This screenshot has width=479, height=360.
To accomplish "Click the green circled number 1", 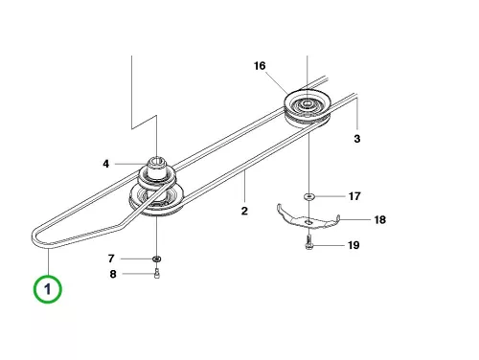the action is (48, 289).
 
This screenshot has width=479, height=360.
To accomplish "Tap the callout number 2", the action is (244, 211).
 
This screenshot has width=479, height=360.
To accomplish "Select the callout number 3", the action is (357, 139).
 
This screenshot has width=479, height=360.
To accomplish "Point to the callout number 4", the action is (106, 164).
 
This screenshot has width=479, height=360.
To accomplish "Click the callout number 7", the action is (111, 259).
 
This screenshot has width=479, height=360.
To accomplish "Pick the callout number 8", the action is (113, 274).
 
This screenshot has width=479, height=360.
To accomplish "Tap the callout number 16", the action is (260, 66).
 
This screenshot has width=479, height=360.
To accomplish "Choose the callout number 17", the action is (354, 196).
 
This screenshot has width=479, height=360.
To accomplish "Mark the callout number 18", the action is (380, 219).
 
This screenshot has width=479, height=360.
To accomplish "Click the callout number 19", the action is (354, 245).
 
